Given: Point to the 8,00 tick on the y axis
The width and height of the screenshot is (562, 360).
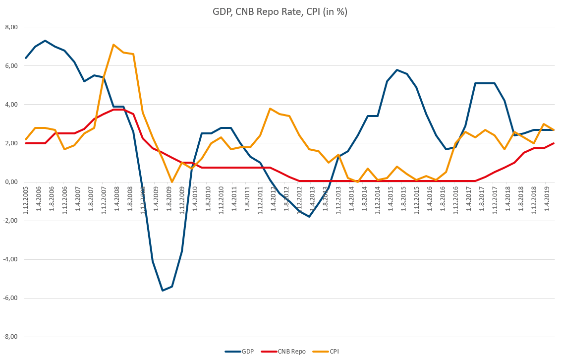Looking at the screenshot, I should click(x=10, y=27).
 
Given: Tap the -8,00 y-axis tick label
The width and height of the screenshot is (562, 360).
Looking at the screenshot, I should click(x=9, y=337).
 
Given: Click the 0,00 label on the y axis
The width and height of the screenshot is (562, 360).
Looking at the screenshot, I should click(x=10, y=182).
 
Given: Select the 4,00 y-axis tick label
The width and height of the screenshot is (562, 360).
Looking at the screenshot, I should click(x=10, y=105).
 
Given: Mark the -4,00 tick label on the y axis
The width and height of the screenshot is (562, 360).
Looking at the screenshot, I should click(x=9, y=259).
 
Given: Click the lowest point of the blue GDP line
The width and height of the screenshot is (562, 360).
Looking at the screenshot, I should click(x=162, y=291).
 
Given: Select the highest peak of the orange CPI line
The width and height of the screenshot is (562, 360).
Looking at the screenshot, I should click(x=113, y=45).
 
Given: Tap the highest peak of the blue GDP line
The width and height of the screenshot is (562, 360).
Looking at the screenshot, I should click(x=45, y=41).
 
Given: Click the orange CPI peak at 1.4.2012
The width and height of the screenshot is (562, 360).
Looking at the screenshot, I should click(x=270, y=109).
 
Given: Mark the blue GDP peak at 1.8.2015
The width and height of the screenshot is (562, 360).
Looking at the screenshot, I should click(x=397, y=70).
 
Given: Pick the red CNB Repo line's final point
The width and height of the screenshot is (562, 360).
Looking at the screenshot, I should click(x=554, y=143).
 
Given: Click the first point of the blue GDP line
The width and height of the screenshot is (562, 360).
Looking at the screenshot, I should click(x=26, y=58).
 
